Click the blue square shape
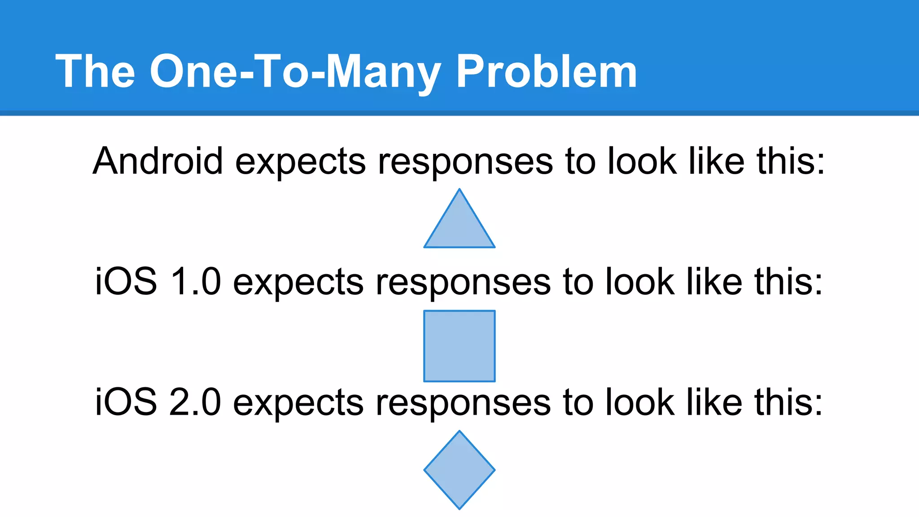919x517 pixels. pos(459,346)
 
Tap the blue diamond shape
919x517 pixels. pos(459,470)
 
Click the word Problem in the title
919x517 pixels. pos(546,72)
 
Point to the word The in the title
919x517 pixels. pos(95,72)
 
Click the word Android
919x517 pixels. pos(158,161)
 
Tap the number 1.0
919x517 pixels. pos(196,282)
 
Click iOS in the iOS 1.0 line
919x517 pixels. pos(126,282)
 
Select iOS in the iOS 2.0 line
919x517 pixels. pos(126,403)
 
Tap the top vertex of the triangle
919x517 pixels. pos(459,190)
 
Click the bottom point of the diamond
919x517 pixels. pos(459,508)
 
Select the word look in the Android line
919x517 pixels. pos(642,161)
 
